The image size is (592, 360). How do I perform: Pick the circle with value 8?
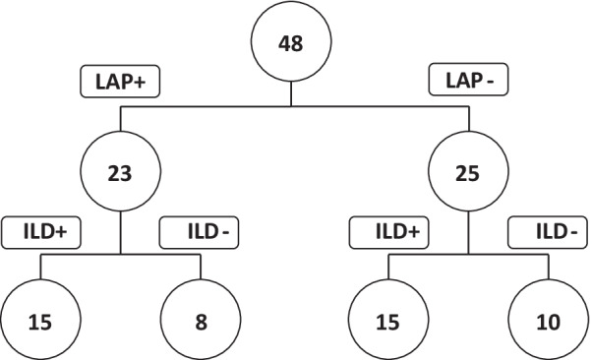coord(201,319)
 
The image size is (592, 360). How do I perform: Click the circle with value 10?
coord(548,319)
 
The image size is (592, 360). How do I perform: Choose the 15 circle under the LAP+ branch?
coord(39,319)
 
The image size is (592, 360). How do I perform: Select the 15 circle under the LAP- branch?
coord(387,319)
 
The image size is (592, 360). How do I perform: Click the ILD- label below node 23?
coord(199,233)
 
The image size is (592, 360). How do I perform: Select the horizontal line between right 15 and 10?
coord(468,255)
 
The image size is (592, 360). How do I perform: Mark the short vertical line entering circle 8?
coord(201,268)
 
